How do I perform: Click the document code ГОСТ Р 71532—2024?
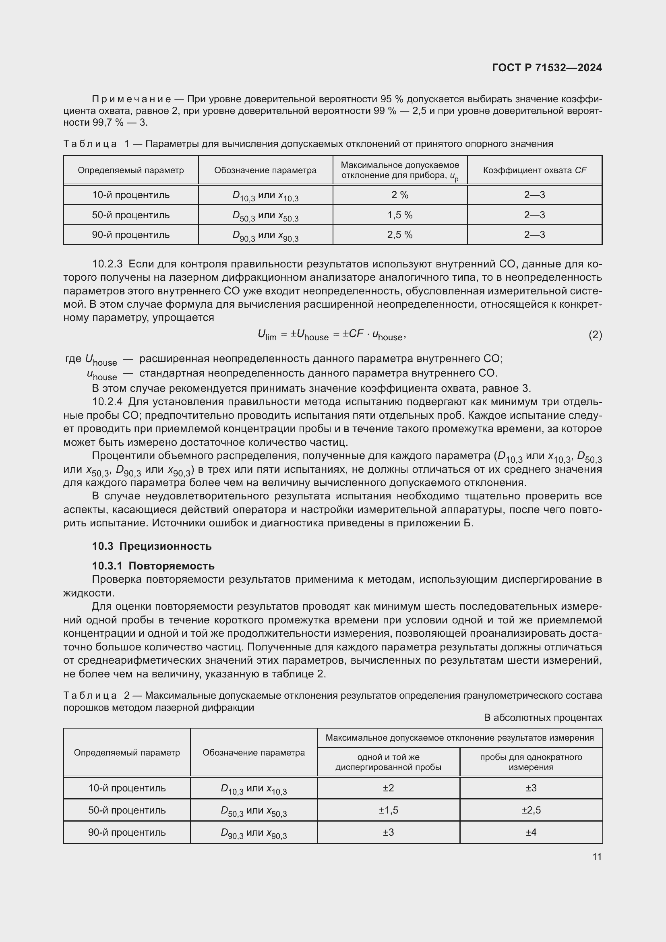coord(547,68)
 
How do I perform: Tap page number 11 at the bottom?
coord(597,857)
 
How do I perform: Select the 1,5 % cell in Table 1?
coord(400,215)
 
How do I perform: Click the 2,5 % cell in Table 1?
coord(400,235)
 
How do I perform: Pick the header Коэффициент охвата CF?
coord(534,170)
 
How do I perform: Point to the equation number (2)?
coord(595,335)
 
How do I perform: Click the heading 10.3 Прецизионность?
coord(152,546)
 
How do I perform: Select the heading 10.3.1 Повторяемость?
coord(153,566)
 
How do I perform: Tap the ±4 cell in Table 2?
coord(531,832)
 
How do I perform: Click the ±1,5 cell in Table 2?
coord(388,810)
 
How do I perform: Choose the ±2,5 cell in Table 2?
coord(531,810)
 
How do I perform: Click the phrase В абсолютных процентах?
coord(542,718)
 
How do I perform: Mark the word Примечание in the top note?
coord(131,99)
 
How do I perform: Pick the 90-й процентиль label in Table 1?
coord(130,235)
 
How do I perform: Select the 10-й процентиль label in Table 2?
coord(127,788)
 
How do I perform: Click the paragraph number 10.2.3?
coord(108,264)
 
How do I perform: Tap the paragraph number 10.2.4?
coord(108,402)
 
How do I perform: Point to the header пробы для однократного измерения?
coord(531,762)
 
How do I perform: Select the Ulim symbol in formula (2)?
coord(267,335)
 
